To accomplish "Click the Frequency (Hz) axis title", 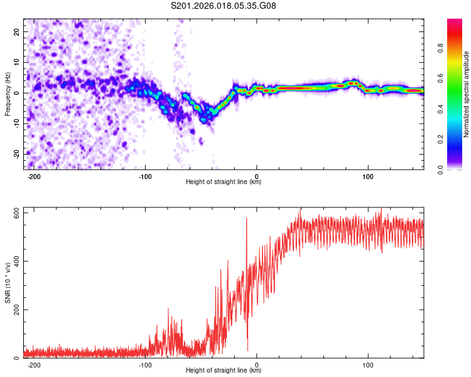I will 8,94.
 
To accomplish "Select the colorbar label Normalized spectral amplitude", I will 467,95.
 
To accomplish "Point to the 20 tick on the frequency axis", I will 17,31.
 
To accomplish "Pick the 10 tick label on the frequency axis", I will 17,62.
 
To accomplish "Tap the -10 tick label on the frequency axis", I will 16,123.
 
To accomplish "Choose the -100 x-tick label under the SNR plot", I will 144,364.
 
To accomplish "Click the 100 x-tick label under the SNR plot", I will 369,364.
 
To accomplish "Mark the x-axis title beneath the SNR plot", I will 224,371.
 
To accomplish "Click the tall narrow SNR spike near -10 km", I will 247,219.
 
